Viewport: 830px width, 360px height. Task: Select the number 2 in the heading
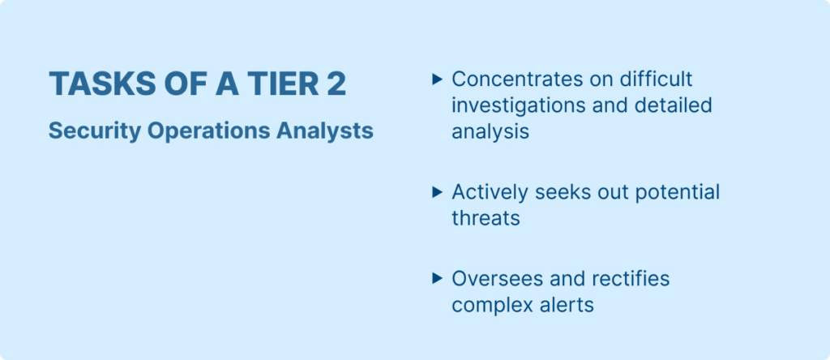tap(336, 84)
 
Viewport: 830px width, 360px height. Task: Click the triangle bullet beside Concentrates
tap(437, 79)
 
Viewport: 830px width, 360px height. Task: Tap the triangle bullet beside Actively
tap(437, 192)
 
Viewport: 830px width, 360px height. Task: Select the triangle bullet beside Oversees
tap(437, 278)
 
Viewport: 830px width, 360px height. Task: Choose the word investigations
tap(518, 105)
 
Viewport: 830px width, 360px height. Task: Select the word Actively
tap(490, 192)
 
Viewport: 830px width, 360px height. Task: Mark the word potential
tap(677, 192)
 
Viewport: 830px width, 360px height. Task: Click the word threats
tap(486, 218)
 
